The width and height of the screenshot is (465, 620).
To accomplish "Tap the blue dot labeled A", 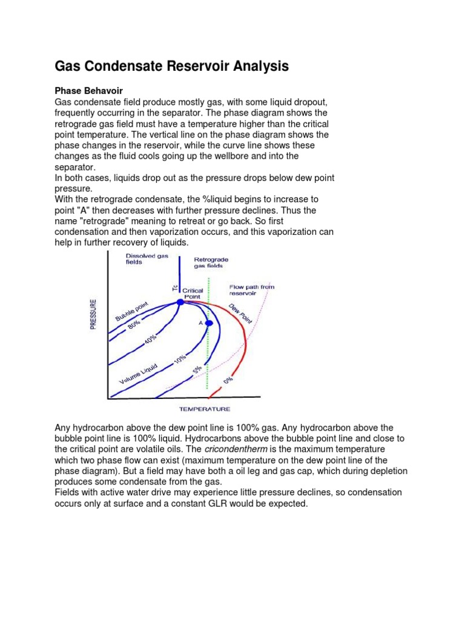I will point(209,323).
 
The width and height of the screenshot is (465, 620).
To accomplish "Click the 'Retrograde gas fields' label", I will point(211,262).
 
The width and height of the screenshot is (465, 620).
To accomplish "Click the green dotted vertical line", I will point(208,357).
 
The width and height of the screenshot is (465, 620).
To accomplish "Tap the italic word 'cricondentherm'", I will point(232,449).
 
